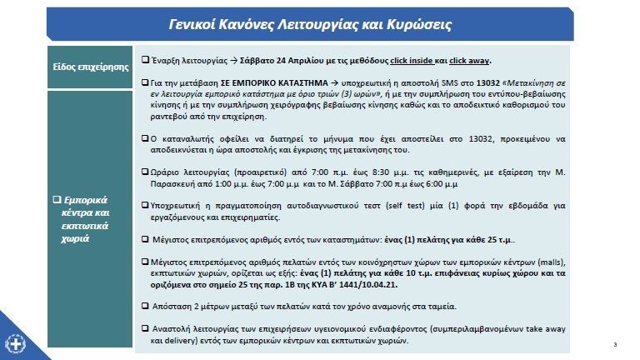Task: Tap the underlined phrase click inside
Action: [x=412, y=61]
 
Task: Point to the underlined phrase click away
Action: [x=469, y=61]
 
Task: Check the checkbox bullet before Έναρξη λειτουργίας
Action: [x=146, y=61]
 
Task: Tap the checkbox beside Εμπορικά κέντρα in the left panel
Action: [x=56, y=201]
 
